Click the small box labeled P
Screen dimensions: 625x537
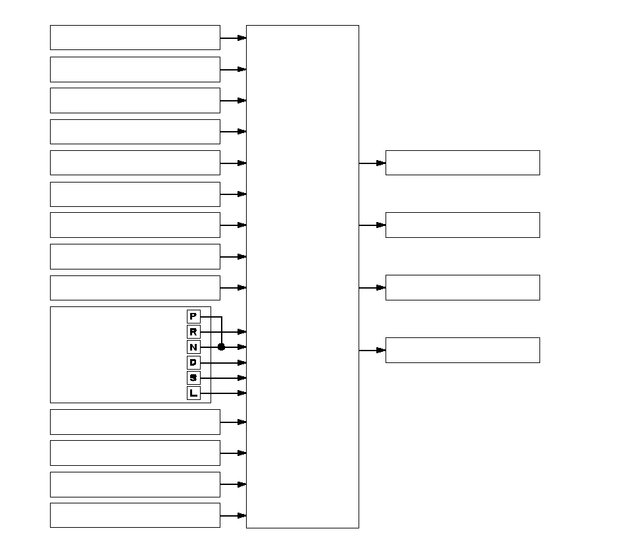[193, 317]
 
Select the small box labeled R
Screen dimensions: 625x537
[193, 332]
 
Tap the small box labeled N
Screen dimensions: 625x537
[193, 347]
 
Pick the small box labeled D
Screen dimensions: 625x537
[193, 362]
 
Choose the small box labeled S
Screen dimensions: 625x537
[193, 378]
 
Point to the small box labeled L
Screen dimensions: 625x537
[193, 393]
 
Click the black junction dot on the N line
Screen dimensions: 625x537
[221, 347]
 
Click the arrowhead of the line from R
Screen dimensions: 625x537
[242, 332]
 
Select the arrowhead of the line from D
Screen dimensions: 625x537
[242, 362]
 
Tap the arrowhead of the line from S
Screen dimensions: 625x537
[242, 378]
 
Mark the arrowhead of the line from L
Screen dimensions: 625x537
[242, 393]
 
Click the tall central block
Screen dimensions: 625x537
[303, 277]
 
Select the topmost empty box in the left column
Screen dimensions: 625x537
[135, 38]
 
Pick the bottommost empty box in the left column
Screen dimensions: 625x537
[135, 515]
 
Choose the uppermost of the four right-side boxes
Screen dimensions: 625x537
[463, 163]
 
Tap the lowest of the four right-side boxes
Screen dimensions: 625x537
[463, 350]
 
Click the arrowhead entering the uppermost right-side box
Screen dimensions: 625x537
[381, 163]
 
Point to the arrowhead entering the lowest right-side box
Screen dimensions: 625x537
[381, 350]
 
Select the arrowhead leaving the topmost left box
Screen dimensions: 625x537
[242, 38]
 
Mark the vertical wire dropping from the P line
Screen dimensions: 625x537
[222, 332]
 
